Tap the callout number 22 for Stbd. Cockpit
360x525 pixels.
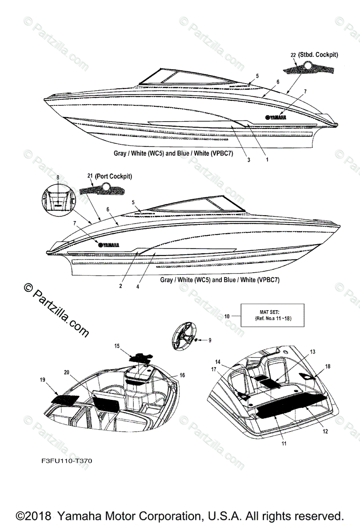293,55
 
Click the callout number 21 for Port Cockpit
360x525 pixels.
91,176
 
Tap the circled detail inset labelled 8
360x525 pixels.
58,199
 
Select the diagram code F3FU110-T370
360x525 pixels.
64,461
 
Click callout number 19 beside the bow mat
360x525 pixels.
43,380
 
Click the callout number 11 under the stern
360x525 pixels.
284,443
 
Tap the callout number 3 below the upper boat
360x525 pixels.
248,160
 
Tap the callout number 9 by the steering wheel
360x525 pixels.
209,340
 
